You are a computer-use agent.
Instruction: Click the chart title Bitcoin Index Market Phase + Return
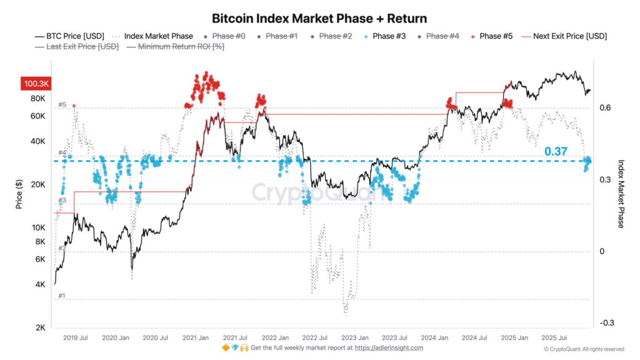pyautogui.click(x=319, y=19)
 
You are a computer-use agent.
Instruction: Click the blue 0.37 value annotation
pyautogui.click(x=556, y=152)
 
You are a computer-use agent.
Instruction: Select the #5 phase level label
pyautogui.click(x=62, y=104)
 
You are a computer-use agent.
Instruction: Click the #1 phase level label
pyautogui.click(x=62, y=296)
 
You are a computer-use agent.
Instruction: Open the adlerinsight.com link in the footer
pyautogui.click(x=390, y=348)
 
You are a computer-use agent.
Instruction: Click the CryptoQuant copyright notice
pyautogui.click(x=584, y=349)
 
